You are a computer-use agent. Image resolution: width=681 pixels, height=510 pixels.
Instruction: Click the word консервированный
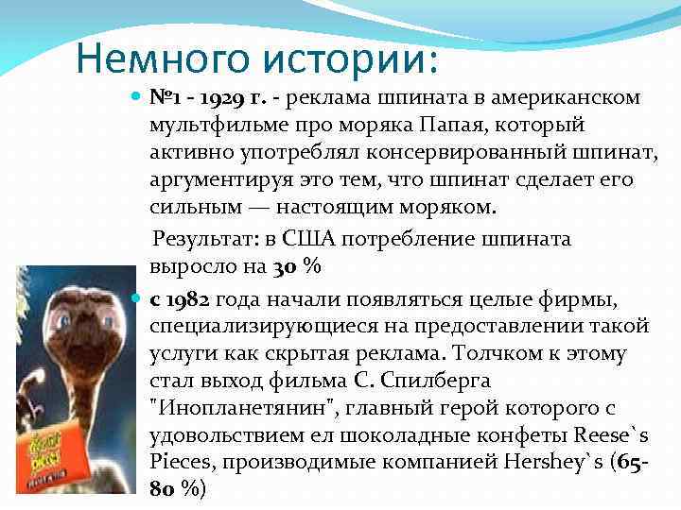455,152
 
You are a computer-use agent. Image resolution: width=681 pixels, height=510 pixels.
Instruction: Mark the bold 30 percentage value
286,267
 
